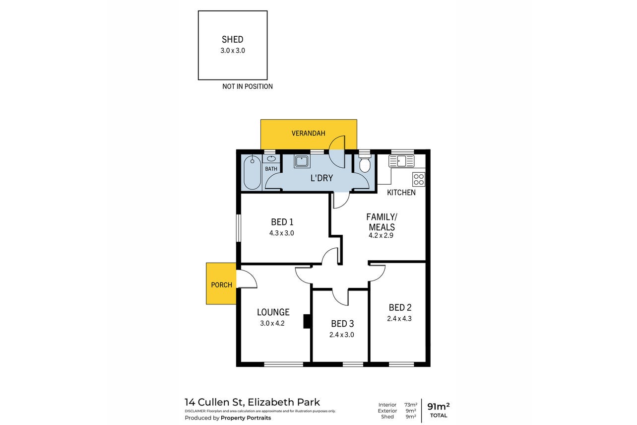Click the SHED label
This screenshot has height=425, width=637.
click(x=232, y=39)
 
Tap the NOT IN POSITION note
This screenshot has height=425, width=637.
click(x=248, y=86)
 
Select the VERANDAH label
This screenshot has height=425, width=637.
click(x=308, y=133)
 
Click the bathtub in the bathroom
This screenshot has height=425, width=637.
click(x=252, y=172)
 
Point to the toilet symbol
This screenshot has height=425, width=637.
click(x=365, y=163)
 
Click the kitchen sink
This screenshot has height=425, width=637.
click(x=401, y=161)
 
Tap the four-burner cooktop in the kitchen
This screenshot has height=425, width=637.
click(x=419, y=179)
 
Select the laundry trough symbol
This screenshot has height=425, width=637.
click(x=302, y=161)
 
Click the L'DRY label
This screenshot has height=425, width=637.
click(x=321, y=178)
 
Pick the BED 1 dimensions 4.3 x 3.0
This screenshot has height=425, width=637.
click(x=281, y=233)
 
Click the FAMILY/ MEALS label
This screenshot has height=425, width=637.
click(x=382, y=222)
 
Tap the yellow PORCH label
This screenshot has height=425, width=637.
click(x=222, y=285)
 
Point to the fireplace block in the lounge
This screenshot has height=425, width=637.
click(x=307, y=321)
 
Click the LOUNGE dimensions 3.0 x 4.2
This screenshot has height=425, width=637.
click(x=272, y=323)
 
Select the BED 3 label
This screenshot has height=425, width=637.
click(x=342, y=324)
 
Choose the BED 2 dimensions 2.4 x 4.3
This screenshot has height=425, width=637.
click(x=399, y=319)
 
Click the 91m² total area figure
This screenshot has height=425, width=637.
click(x=439, y=406)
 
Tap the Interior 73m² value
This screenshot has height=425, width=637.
click(x=411, y=405)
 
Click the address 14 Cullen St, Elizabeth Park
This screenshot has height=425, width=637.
click(x=252, y=402)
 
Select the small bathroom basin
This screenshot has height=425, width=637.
click(x=271, y=159)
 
